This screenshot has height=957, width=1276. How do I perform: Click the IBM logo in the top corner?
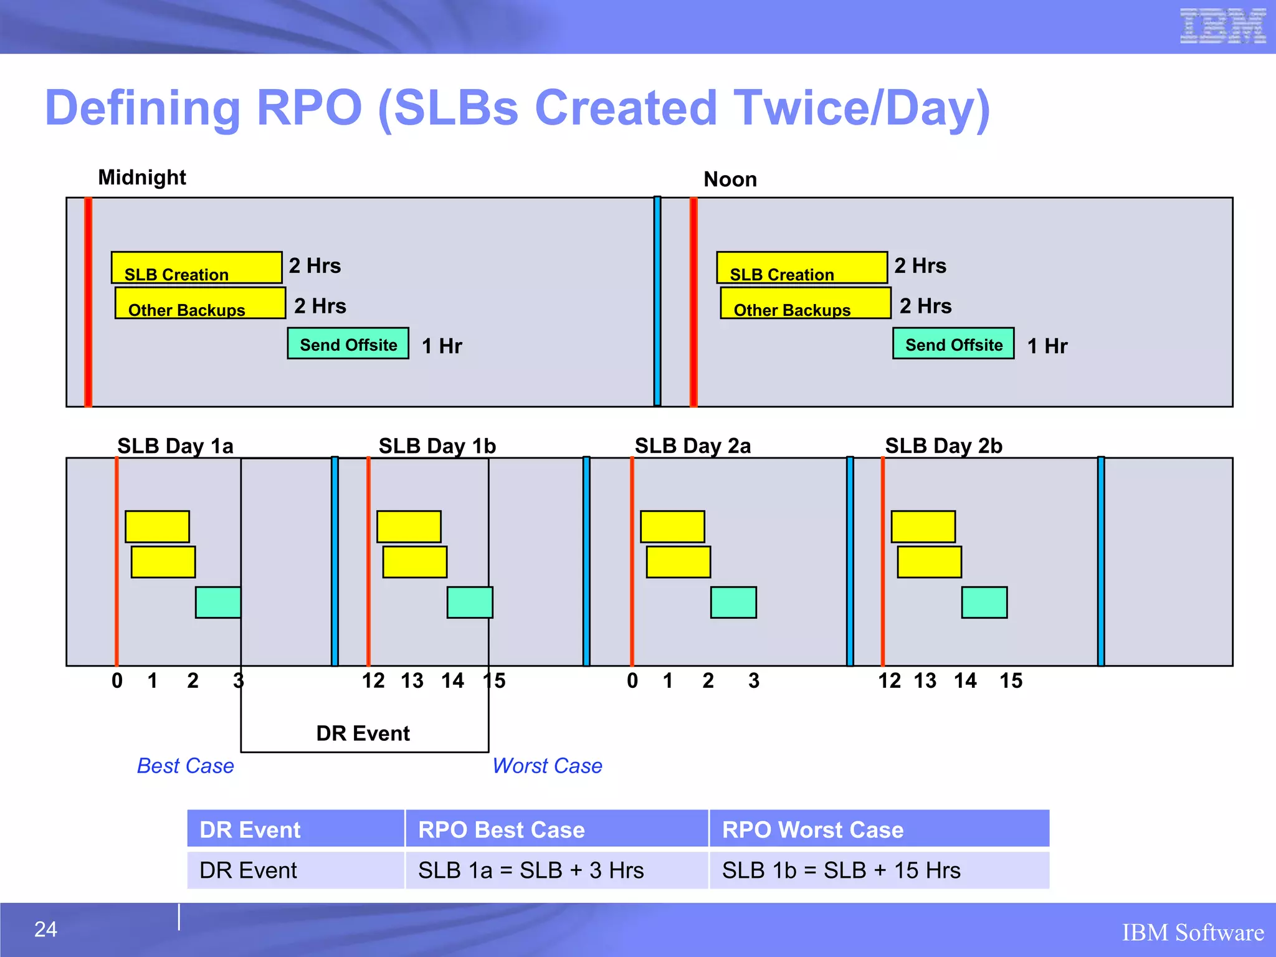(x=1222, y=26)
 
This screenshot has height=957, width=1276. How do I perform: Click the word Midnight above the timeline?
(x=142, y=178)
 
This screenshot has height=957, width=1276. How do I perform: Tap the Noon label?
(x=730, y=179)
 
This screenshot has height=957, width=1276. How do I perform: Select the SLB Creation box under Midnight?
(x=196, y=268)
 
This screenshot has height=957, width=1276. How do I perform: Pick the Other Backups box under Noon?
(x=806, y=303)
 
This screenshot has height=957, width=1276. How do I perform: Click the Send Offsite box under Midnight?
(x=348, y=344)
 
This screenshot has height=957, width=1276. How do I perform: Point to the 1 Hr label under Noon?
(x=1047, y=346)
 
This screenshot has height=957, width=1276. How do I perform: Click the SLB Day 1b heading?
(x=437, y=446)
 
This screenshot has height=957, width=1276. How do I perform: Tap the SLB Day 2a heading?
(x=692, y=446)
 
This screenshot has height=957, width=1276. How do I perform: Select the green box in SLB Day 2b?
(x=984, y=602)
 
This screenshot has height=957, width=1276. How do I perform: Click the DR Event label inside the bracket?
(x=363, y=733)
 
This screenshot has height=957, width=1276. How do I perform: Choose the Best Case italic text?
(x=185, y=766)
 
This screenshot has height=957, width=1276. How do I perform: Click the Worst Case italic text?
(x=547, y=766)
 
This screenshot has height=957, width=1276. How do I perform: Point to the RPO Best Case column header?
(x=501, y=830)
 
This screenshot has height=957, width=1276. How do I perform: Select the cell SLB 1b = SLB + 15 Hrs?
(x=840, y=870)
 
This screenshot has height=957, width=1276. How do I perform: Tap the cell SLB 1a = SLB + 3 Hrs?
(x=530, y=870)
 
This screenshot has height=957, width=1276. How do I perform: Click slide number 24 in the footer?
(x=45, y=930)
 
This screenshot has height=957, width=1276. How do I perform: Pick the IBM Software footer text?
(x=1193, y=933)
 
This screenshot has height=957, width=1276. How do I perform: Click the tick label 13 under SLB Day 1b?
(x=412, y=681)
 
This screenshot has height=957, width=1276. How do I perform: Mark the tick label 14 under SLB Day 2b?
(x=965, y=681)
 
